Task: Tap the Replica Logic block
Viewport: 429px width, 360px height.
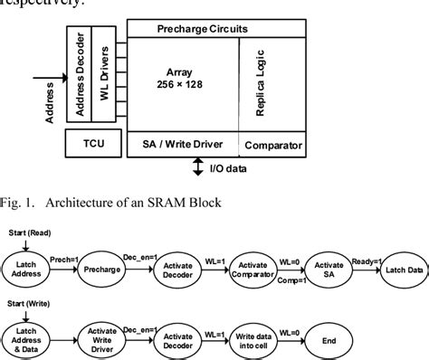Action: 267,86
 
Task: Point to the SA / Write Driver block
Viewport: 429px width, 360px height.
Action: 181,144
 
